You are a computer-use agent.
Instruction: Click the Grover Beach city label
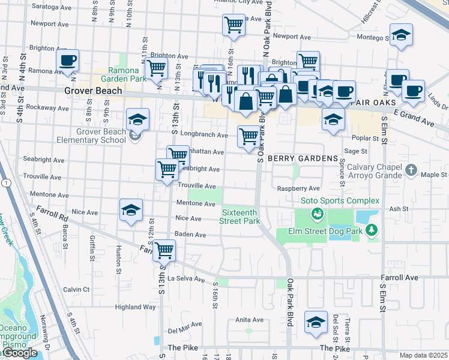(x=93, y=91)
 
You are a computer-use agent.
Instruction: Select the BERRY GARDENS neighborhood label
(x=303, y=158)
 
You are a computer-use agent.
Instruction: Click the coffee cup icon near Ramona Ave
(x=68, y=60)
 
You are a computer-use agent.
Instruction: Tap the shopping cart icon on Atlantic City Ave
(x=234, y=25)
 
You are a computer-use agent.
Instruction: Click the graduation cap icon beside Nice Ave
(x=131, y=210)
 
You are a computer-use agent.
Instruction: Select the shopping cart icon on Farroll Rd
(x=163, y=250)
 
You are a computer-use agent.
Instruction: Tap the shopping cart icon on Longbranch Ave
(x=248, y=136)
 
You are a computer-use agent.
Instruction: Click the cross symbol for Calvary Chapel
(x=411, y=170)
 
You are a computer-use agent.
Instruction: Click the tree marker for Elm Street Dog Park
(x=372, y=229)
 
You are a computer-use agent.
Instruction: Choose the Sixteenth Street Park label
(x=241, y=217)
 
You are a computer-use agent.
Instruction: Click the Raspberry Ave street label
(x=298, y=188)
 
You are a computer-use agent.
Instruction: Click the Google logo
(x=19, y=353)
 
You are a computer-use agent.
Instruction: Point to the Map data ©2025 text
(x=423, y=355)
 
